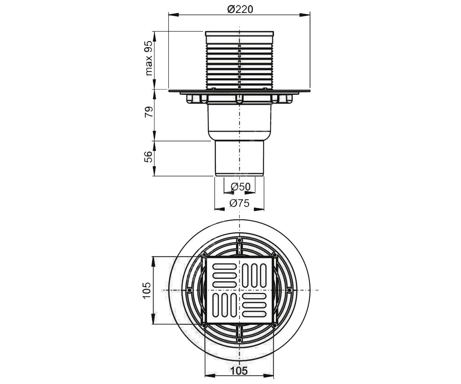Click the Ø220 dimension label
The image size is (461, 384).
pos(240,10)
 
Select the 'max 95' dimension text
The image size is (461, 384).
pos(149,58)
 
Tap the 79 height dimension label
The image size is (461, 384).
pos(149,112)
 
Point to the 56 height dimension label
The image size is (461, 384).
pos(149,157)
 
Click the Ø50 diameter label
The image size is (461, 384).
pos(240,187)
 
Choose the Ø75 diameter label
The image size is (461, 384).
pos(239,203)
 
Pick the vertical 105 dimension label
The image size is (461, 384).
pos(147,290)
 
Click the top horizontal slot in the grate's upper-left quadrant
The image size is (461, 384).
pos(224,266)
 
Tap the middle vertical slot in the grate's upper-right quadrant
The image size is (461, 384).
pos(254,275)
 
